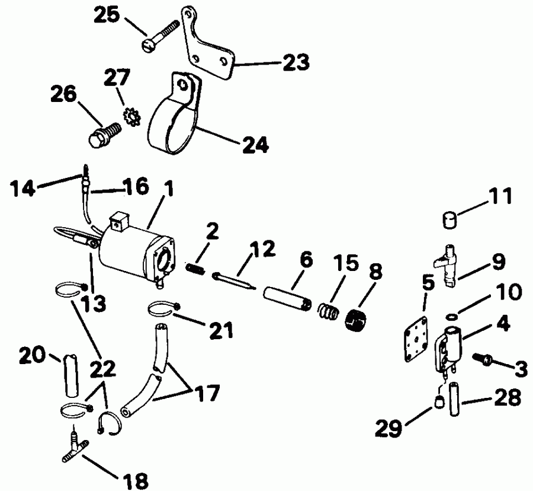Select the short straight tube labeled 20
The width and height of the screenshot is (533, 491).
[x=71, y=374]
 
